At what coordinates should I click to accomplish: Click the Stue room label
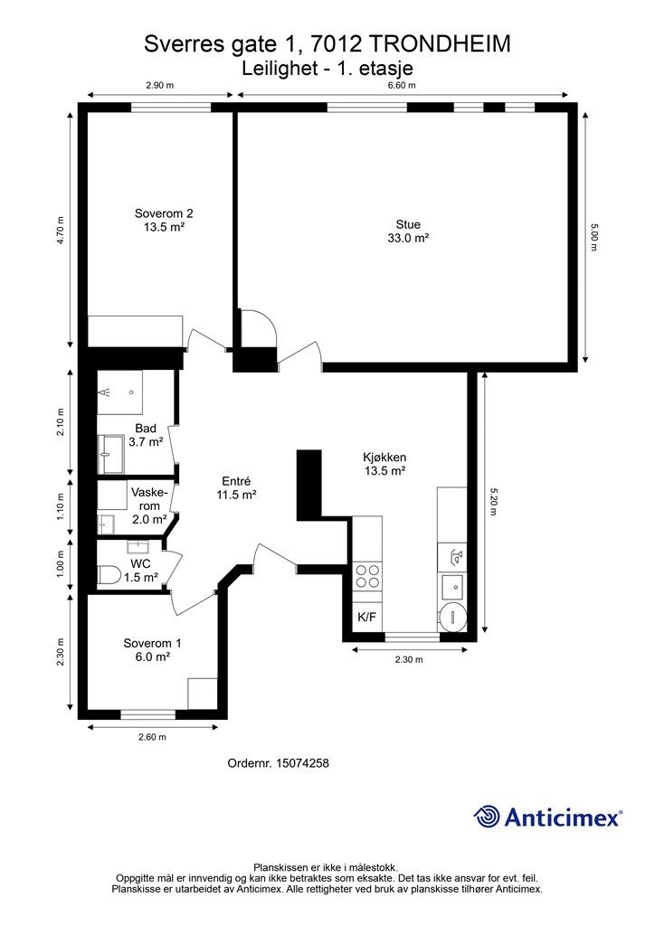(x=408, y=231)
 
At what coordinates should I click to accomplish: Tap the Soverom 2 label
(x=164, y=220)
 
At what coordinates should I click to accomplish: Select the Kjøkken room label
(x=384, y=464)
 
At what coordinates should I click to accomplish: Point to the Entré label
(x=236, y=487)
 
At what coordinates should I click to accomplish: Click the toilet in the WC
(x=109, y=574)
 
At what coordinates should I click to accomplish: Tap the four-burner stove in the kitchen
(x=366, y=576)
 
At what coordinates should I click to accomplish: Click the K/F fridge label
(x=366, y=617)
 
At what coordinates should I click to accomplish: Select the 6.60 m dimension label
(x=402, y=85)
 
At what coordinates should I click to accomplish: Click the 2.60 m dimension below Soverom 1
(x=152, y=737)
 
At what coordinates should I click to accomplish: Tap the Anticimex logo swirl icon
(x=487, y=817)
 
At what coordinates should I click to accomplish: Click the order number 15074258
(x=278, y=763)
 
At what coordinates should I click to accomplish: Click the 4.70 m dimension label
(x=61, y=231)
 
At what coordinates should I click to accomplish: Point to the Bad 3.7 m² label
(x=146, y=435)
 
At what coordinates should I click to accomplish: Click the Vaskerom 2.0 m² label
(x=149, y=506)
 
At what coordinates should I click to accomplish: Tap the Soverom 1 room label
(x=152, y=649)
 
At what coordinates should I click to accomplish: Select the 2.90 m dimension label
(x=159, y=85)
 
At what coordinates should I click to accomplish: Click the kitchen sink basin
(x=451, y=587)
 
